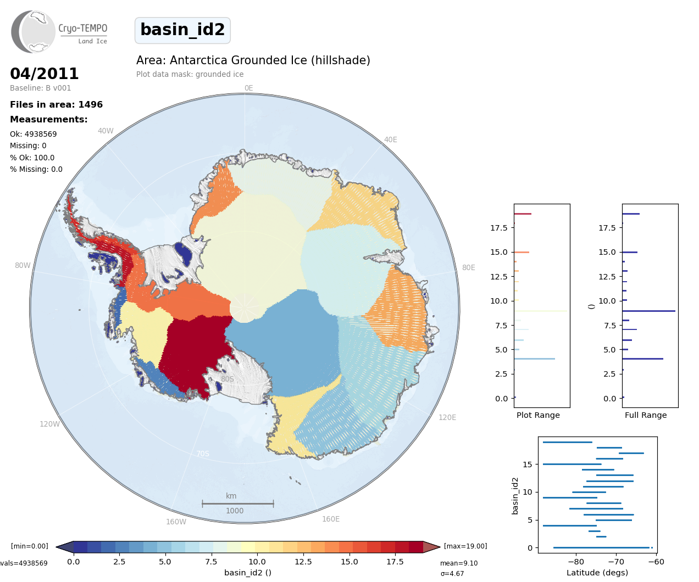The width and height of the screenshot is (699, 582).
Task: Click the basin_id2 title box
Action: pyautogui.click(x=182, y=30)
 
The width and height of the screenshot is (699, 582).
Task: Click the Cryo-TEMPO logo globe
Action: pyautogui.click(x=34, y=32)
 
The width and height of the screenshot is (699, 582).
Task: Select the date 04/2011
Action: pyautogui.click(x=45, y=74)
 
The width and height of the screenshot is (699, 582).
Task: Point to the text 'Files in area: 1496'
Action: pyautogui.click(x=56, y=105)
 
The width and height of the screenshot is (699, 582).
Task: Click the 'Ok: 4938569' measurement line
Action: pyautogui.click(x=33, y=134)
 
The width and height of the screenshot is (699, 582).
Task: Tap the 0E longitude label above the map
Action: pyautogui.click(x=248, y=88)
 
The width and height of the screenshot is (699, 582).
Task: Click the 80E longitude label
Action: pyautogui.click(x=468, y=268)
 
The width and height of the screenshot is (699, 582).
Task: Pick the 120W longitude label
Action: pyautogui.click(x=49, y=424)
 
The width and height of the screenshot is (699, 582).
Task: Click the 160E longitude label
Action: pyautogui.click(x=331, y=519)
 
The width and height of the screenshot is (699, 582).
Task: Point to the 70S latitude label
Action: pyautogui.click(x=203, y=454)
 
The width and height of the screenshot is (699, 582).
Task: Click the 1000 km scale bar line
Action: pyautogui.click(x=237, y=503)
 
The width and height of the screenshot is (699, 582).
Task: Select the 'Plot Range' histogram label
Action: pyautogui.click(x=538, y=415)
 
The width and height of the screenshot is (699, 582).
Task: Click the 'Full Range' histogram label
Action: pyautogui.click(x=646, y=415)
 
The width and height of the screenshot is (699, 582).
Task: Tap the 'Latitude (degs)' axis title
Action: pyautogui.click(x=597, y=573)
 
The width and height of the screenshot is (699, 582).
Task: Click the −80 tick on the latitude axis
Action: pyautogui.click(x=576, y=562)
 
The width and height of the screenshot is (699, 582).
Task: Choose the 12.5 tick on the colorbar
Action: pyautogui.click(x=303, y=562)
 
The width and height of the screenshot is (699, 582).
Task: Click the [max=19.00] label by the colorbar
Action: pyautogui.click(x=465, y=546)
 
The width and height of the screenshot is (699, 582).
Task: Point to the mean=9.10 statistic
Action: pyautogui.click(x=459, y=563)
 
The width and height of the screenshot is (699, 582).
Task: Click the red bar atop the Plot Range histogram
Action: pyautogui.click(x=523, y=214)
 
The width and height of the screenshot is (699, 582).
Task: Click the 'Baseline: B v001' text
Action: pyautogui.click(x=40, y=88)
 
